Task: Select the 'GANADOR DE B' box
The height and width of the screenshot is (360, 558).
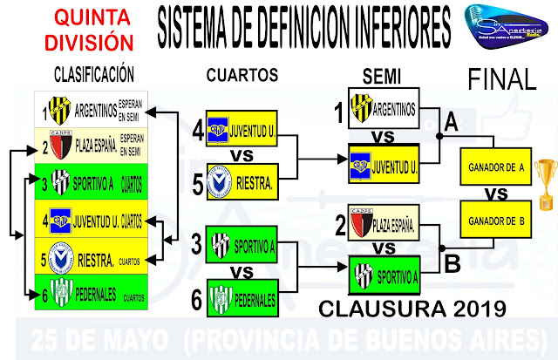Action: coord(496,220)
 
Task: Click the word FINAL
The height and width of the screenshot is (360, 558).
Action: coord(501,80)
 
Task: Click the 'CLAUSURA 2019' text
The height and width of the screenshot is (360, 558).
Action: coord(413,309)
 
